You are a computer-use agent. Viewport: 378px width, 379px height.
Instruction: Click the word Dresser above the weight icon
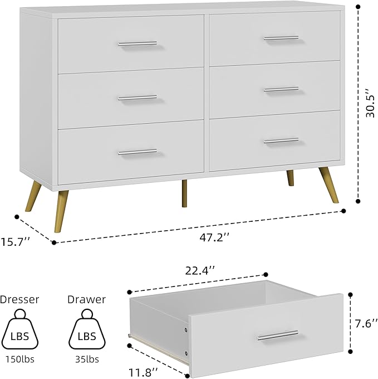coord(20,299)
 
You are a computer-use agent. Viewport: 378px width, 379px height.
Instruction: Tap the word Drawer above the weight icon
coord(86,299)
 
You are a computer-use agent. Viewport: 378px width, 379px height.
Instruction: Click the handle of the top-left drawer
coord(137,43)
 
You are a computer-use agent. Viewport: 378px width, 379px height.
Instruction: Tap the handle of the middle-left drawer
coord(137,98)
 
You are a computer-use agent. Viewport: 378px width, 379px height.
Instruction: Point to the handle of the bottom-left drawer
coord(137,151)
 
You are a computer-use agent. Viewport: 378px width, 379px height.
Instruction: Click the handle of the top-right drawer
coord(281,38)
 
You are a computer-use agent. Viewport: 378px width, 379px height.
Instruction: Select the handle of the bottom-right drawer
coord(281,140)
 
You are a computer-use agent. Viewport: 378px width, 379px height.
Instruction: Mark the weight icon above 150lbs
coord(20,332)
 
